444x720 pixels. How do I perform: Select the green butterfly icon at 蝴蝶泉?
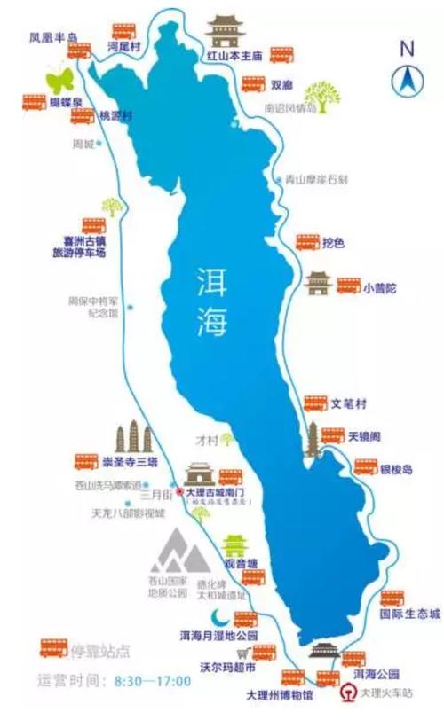(x=59, y=79)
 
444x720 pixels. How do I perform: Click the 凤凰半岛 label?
(x=54, y=38)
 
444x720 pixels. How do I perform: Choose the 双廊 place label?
(x=281, y=86)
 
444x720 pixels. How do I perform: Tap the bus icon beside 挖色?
(x=307, y=242)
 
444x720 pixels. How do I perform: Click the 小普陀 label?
(x=379, y=286)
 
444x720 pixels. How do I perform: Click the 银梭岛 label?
(x=396, y=469)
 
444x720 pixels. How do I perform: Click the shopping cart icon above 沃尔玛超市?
(x=241, y=653)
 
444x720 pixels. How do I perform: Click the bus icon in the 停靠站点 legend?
(x=54, y=648)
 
